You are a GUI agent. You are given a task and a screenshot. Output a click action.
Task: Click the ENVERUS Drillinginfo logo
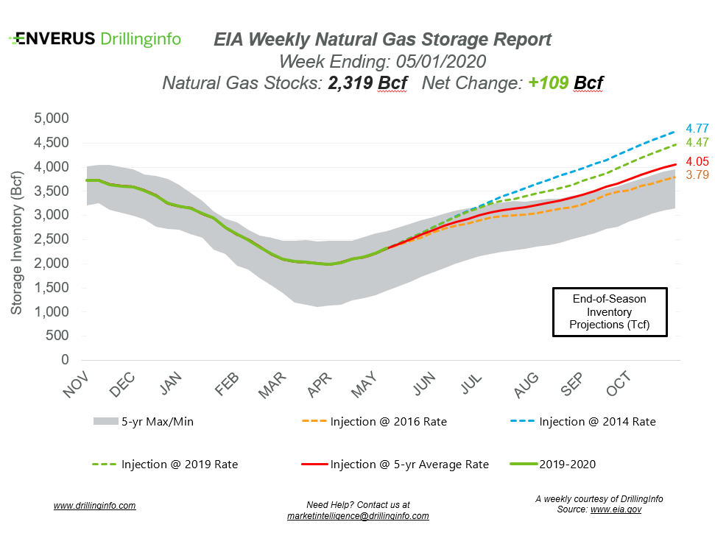pos(95,39)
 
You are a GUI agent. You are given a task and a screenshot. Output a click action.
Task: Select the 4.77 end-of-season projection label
pos(697,127)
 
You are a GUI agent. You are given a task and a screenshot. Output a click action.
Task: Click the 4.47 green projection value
pos(697,143)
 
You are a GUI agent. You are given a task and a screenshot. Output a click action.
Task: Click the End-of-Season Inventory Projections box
pos(610,312)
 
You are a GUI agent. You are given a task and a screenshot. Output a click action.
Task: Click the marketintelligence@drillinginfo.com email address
pos(358,516)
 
